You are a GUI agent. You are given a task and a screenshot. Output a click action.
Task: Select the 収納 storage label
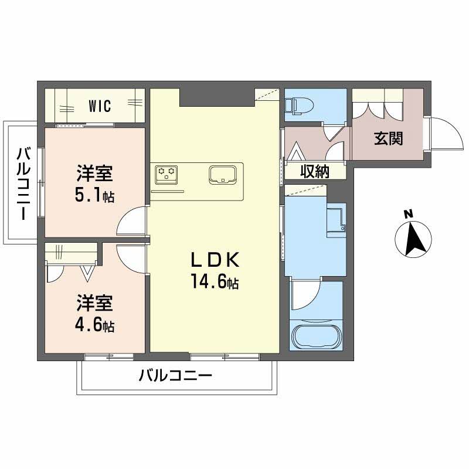314,171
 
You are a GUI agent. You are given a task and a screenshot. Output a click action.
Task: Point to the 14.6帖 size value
213,283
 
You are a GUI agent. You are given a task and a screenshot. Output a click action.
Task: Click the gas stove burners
166,174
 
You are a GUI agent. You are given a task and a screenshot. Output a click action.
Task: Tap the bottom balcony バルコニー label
174,376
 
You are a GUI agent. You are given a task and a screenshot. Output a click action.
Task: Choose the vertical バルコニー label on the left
23,183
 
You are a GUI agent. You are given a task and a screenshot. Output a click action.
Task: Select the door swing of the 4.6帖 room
132,256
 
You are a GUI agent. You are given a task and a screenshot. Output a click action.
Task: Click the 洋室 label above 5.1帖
94,174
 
